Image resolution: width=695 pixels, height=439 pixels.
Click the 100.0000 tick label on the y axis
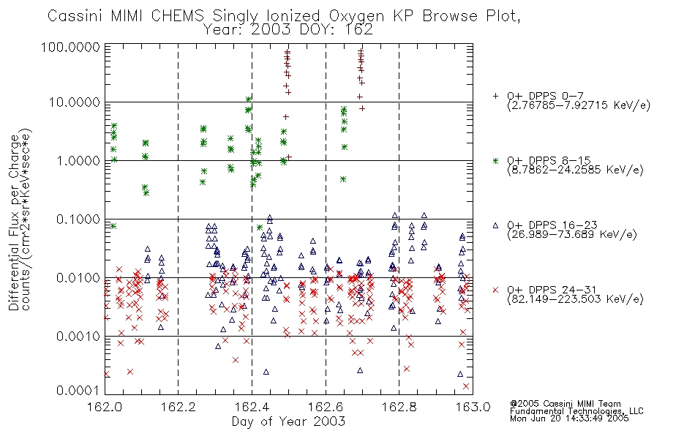70,48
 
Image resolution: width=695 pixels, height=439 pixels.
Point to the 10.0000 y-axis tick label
75,102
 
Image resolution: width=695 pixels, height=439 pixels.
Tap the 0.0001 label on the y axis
78,390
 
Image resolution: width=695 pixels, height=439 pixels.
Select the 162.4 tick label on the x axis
252,407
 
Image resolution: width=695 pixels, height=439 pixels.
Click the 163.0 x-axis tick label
473,407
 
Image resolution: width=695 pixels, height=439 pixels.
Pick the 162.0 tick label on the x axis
105,407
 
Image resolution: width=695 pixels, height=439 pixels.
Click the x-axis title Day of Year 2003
288,421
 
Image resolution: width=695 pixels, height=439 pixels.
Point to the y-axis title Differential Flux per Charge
14,222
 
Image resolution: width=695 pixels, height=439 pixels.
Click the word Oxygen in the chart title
356,16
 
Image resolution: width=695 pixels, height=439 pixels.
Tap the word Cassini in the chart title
75,16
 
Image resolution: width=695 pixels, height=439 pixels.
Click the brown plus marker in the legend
495,96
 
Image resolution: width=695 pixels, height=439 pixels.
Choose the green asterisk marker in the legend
495,160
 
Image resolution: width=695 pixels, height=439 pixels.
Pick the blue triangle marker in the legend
495,225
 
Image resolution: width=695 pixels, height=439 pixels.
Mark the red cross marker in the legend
495,290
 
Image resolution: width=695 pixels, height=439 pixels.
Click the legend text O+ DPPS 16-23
552,225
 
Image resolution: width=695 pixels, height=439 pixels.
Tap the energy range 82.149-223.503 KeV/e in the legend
575,299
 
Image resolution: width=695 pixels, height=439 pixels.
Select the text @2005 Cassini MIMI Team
566,404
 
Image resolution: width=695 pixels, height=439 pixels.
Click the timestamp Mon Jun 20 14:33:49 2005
569,419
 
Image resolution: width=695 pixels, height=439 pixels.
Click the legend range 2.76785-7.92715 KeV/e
579,105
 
